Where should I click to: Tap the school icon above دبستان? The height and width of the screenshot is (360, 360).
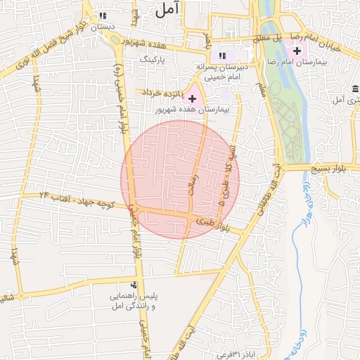pos(103,15)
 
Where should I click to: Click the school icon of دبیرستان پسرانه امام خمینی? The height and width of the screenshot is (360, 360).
pos(222,55)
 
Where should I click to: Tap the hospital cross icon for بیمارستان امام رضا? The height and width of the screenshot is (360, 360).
pos(296,51)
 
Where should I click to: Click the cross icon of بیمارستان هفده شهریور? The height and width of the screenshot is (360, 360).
pos(192,98)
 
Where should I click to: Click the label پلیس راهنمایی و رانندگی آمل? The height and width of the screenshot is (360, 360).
pos(131,300)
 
